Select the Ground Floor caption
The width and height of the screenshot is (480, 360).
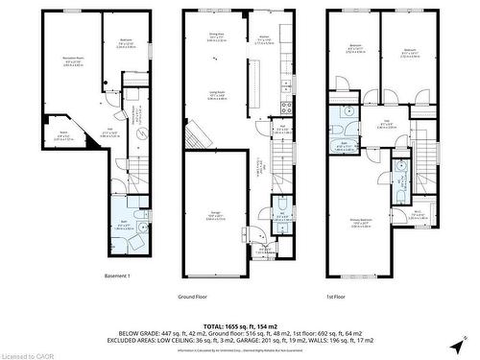point(193,298)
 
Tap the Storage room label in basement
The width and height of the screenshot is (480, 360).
point(63,136)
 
